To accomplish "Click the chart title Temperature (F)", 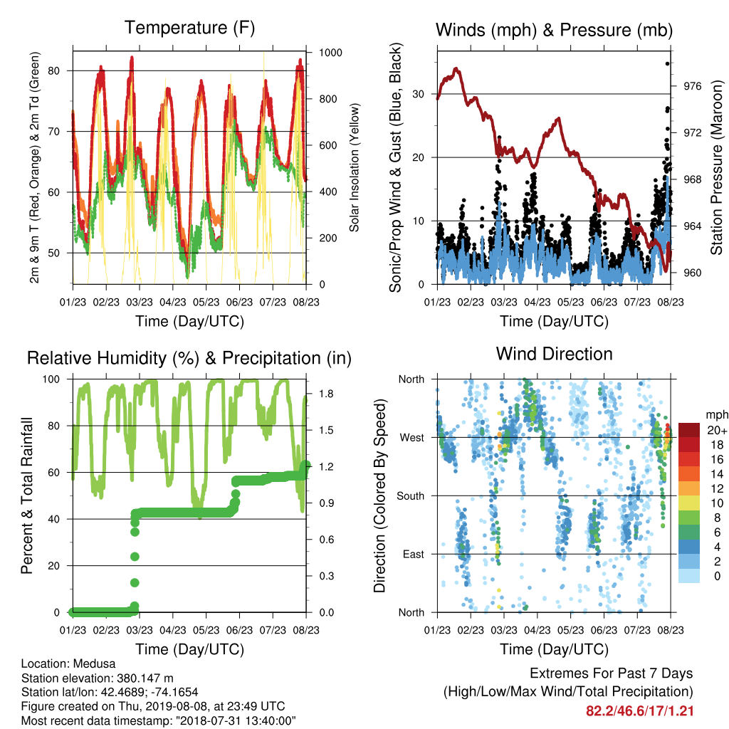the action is pyautogui.click(x=189, y=28).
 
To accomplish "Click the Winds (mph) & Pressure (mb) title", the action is pyautogui.click(x=554, y=30).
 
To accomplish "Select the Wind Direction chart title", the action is pyautogui.click(x=554, y=354).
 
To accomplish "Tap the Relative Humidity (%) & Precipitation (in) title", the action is pyautogui.click(x=189, y=358).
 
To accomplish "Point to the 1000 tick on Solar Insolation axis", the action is pyautogui.click(x=330, y=53).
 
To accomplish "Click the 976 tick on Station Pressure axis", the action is pyautogui.click(x=692, y=86).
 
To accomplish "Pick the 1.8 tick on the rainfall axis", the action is pyautogui.click(x=326, y=394).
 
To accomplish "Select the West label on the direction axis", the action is pyautogui.click(x=412, y=438).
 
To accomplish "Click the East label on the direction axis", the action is pyautogui.click(x=414, y=554).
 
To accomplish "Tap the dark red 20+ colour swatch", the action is pyautogui.click(x=689, y=430).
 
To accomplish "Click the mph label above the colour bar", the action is pyautogui.click(x=716, y=415).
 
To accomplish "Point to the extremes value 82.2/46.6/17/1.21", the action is pyautogui.click(x=640, y=711).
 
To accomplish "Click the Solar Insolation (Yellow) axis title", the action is pyautogui.click(x=355, y=167).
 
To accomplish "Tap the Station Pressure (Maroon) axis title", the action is pyautogui.click(x=716, y=167).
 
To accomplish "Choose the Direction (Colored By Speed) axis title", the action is pyautogui.click(x=380, y=495).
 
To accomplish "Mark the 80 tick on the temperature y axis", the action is pyautogui.click(x=54, y=70).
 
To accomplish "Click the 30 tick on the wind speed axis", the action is pyautogui.click(x=419, y=94).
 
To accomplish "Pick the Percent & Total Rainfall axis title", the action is pyautogui.click(x=27, y=495).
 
